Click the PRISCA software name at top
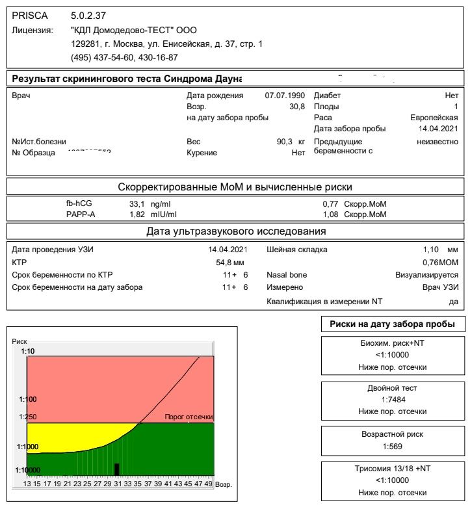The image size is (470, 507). click(x=29, y=14)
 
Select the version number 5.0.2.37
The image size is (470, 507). click(x=90, y=14)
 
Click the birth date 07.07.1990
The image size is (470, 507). click(x=280, y=96)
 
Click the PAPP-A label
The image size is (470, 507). click(x=81, y=214)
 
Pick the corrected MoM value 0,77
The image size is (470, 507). click(x=331, y=203)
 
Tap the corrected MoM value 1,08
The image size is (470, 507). click(x=331, y=214)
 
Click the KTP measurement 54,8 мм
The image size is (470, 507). click(x=229, y=263)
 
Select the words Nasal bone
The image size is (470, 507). click(x=287, y=275)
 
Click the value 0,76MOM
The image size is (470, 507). click(x=440, y=263)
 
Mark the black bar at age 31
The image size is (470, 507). click(x=117, y=469)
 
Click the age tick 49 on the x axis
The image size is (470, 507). click(x=208, y=484)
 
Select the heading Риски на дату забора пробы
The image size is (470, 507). click(x=392, y=324)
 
